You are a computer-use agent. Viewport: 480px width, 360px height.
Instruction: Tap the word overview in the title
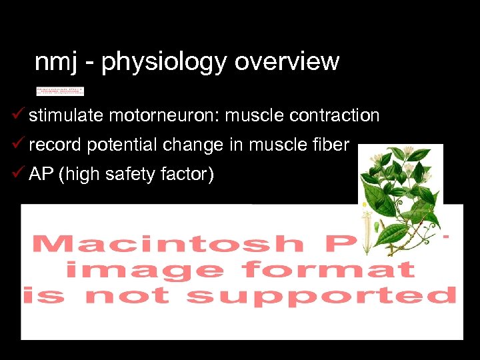coord(287,62)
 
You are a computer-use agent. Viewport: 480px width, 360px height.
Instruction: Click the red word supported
coord(321,295)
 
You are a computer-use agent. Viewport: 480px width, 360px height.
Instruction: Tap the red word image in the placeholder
coord(144,269)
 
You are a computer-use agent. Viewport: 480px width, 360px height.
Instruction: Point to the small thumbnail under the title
coord(60,91)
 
